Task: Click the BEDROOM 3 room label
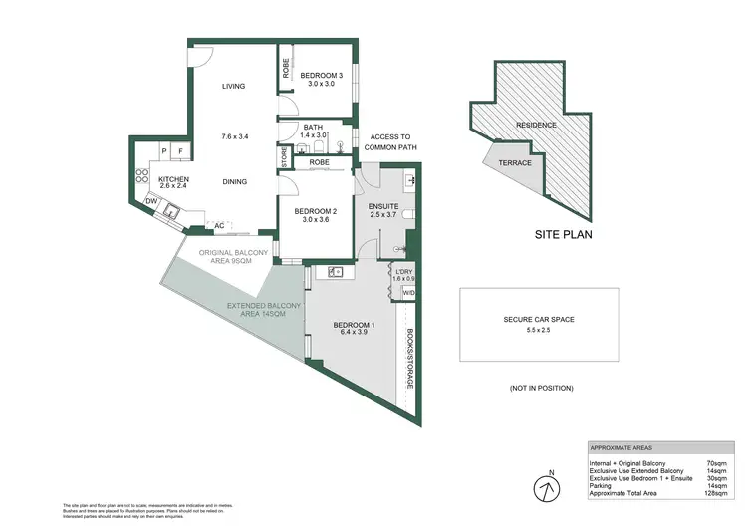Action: [x=324, y=76]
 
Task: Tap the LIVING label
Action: [x=234, y=87]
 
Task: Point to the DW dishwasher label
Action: [x=151, y=202]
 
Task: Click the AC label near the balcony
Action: [x=217, y=226]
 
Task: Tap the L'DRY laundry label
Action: [x=404, y=272]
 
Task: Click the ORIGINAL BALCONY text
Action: [x=233, y=253]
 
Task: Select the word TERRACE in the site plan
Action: [x=515, y=163]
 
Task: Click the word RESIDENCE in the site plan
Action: [x=536, y=126]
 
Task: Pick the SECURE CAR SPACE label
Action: [x=539, y=320]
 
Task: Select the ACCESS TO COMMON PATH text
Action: [x=390, y=142]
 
